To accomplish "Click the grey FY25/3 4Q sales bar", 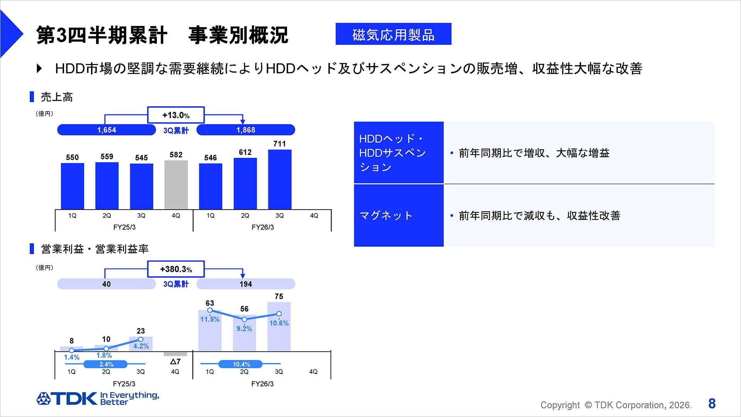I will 176,185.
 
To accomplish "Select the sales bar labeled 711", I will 279,179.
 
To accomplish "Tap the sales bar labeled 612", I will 245,183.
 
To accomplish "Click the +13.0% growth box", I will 176,115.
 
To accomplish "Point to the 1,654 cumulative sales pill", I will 107,130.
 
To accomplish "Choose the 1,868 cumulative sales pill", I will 245,130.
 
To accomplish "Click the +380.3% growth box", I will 176,269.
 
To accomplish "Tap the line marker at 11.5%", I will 210,310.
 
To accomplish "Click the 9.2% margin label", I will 244,329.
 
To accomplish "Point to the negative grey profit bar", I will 175,354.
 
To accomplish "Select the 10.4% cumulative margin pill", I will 241,364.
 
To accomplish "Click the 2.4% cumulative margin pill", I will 106,364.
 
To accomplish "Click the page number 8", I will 712,403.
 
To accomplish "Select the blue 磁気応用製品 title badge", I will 393,34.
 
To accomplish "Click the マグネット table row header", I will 399,215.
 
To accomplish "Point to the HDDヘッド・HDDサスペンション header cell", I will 399,153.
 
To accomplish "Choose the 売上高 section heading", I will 56,97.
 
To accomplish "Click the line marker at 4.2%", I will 140,339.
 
